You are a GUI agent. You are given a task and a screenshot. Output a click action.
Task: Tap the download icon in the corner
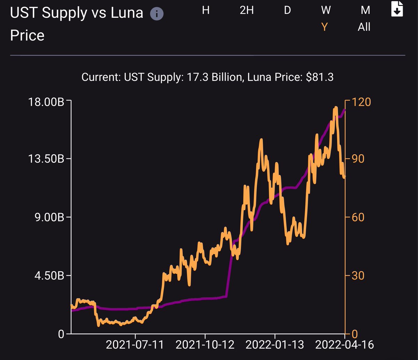pyautogui.click(x=397, y=9)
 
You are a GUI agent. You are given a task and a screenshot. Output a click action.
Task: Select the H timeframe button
pyautogui.click(x=206, y=10)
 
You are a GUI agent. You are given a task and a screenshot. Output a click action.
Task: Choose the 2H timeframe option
pyautogui.click(x=247, y=10)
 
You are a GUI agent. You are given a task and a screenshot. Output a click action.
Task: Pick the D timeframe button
pyautogui.click(x=287, y=10)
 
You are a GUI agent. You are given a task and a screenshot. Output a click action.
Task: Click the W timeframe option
pyautogui.click(x=326, y=10)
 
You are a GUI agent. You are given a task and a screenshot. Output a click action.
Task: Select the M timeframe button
pyautogui.click(x=365, y=10)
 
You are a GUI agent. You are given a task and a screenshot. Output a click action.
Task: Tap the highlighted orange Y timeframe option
pyautogui.click(x=324, y=27)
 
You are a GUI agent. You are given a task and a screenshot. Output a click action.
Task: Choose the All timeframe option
pyautogui.click(x=364, y=27)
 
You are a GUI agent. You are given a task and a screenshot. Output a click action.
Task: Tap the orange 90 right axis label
pyautogui.click(x=358, y=159)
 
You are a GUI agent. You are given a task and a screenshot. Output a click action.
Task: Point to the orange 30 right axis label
pyautogui.click(x=358, y=275)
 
